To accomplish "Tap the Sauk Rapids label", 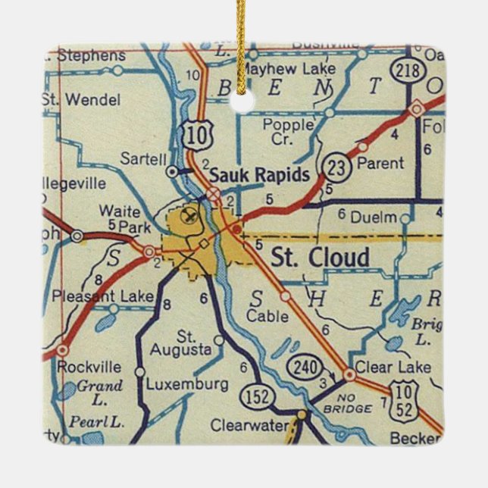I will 258,175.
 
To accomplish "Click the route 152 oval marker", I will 252,396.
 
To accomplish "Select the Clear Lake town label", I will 394,368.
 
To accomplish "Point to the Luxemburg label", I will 186,383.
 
